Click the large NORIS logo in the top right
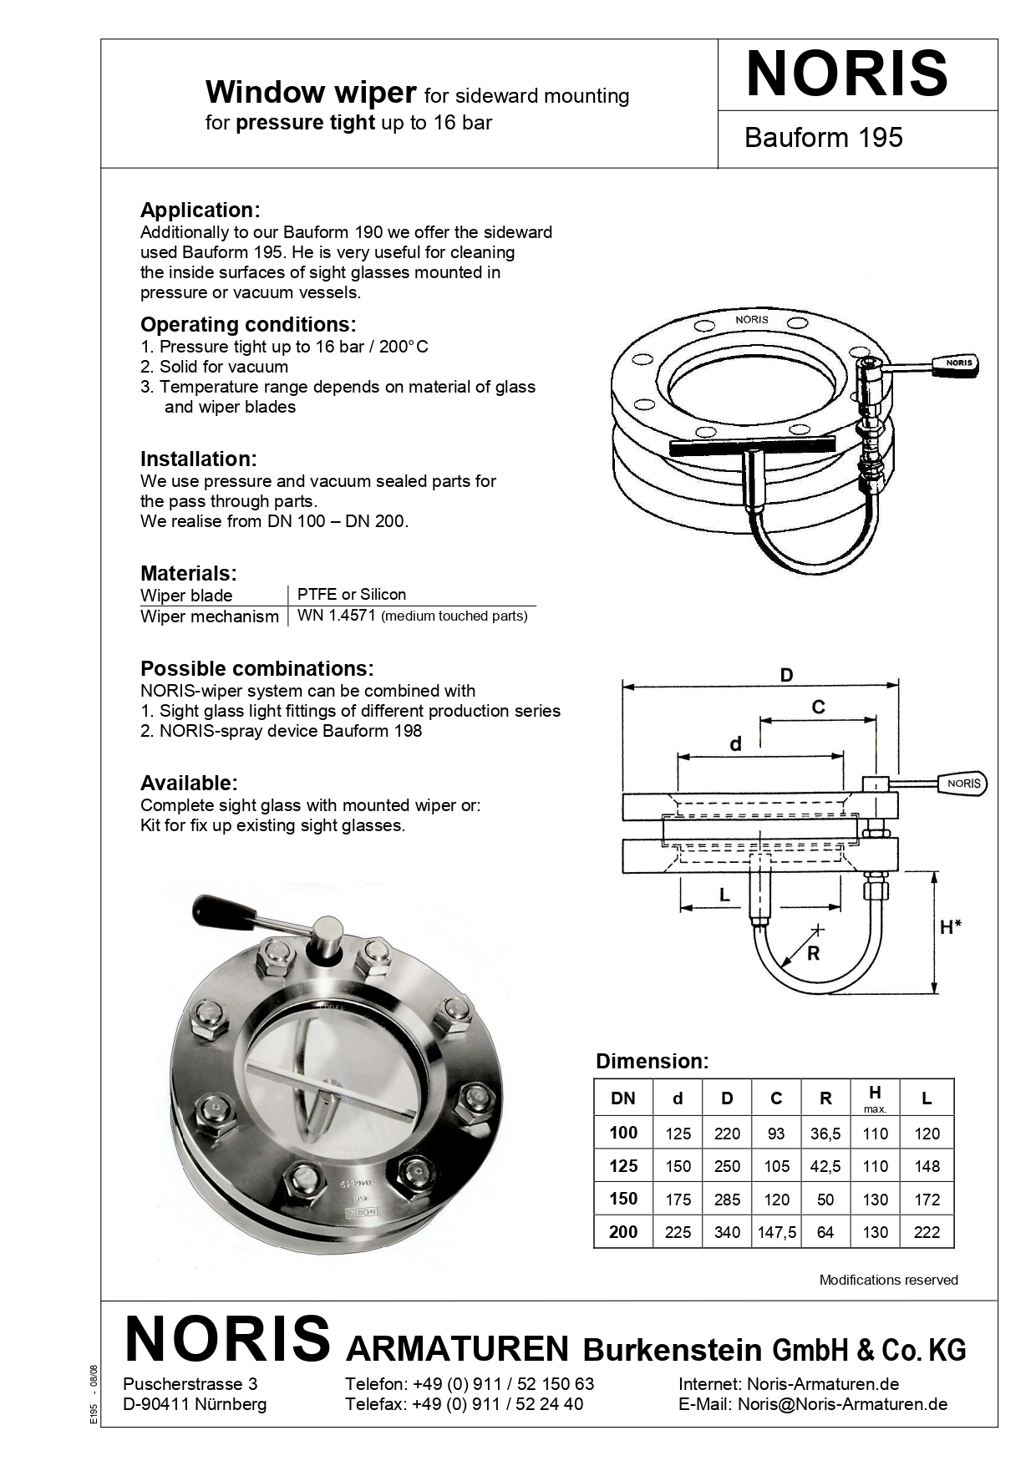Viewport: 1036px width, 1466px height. click(x=847, y=74)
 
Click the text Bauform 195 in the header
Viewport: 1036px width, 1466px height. click(x=823, y=138)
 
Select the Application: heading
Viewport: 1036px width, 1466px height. click(x=200, y=210)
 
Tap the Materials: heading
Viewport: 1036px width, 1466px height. click(x=188, y=573)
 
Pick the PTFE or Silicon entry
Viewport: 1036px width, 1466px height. click(x=351, y=594)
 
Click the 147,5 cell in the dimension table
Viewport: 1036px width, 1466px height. click(x=776, y=1232)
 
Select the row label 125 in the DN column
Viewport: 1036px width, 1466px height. click(x=623, y=1166)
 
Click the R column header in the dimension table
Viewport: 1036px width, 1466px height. click(x=825, y=1098)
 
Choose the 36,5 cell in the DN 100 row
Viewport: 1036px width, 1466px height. click(x=825, y=1134)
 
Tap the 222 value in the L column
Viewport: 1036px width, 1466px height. click(x=927, y=1232)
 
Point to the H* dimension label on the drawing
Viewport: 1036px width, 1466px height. click(x=950, y=927)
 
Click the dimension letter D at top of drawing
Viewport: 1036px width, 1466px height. click(x=786, y=675)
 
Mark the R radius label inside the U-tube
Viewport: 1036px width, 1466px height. click(x=813, y=953)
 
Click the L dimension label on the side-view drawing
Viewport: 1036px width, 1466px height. click(x=724, y=895)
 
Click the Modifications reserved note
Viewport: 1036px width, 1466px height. click(x=888, y=1280)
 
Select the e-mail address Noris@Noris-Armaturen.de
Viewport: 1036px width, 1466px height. click(x=842, y=1404)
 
